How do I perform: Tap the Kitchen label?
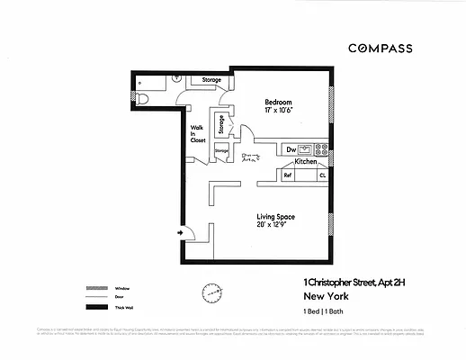tap(306, 162)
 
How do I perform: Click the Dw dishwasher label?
tap(291, 149)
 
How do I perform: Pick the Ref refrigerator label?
tap(288, 175)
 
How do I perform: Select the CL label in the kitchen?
tap(322, 175)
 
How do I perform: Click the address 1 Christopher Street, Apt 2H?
tap(354, 282)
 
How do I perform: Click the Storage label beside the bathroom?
tap(211, 80)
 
